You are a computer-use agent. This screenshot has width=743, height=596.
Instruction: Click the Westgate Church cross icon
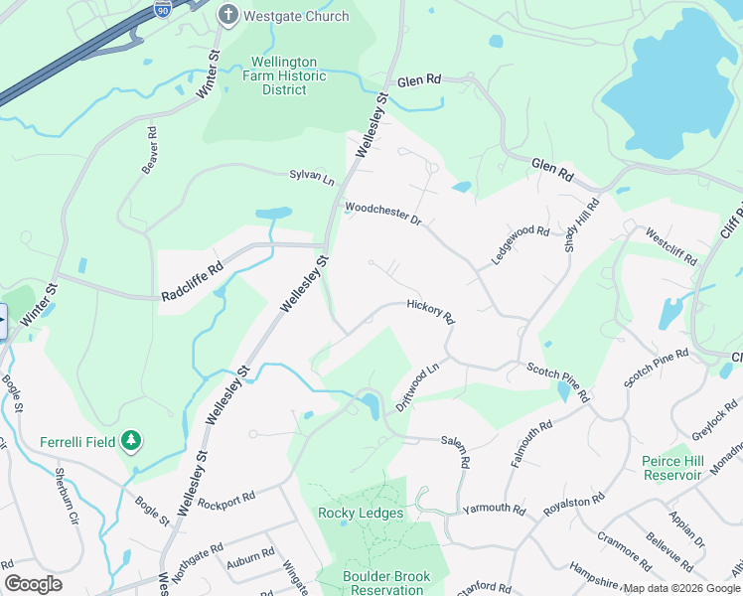228,15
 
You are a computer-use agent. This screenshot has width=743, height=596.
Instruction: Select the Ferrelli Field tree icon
130,440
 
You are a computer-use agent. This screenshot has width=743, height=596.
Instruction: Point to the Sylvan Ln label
312,176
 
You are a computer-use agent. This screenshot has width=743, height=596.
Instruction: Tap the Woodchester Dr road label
382,213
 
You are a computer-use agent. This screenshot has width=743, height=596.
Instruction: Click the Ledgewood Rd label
520,244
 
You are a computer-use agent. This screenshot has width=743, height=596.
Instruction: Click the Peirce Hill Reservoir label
674,468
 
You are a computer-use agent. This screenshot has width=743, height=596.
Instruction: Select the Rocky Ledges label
361,514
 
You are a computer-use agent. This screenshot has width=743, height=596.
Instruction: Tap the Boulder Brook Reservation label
382,582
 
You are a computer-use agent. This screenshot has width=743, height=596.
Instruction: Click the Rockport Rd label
226,494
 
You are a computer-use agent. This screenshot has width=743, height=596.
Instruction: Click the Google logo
33,584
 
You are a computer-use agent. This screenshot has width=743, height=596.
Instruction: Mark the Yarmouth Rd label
494,509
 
